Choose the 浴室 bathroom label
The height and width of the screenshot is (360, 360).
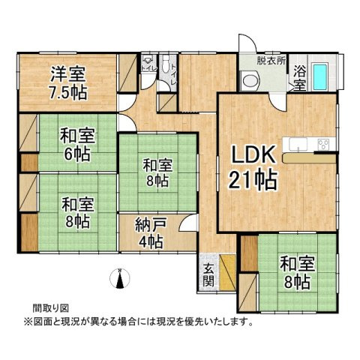[298, 79]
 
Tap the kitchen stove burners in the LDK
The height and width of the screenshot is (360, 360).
[324, 144]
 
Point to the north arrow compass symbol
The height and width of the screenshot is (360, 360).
[118, 278]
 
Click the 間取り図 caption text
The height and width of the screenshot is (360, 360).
[50, 307]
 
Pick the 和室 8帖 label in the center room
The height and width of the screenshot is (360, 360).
[157, 172]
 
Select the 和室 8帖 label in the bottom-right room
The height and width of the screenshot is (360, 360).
[295, 272]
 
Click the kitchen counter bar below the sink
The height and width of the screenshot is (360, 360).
[315, 160]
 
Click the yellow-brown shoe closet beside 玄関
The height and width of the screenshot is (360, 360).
[227, 265]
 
